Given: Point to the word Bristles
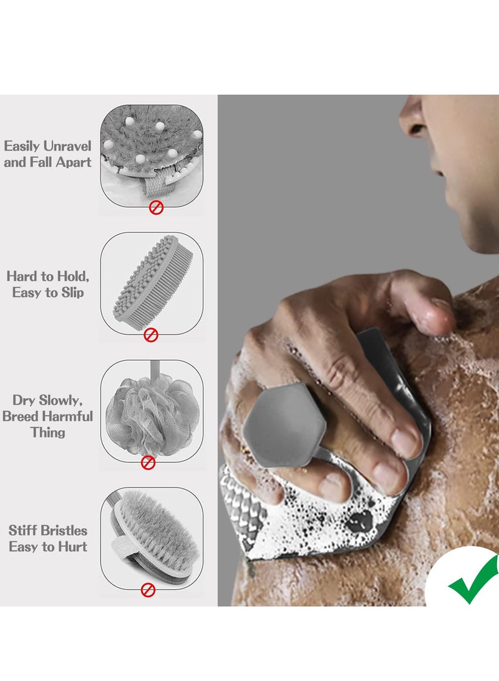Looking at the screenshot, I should pyautogui.click(x=65, y=531).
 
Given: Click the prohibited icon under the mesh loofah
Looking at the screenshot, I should pyautogui.click(x=148, y=462).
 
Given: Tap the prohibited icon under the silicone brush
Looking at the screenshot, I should pyautogui.click(x=151, y=335).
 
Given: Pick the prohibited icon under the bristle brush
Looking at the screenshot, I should pyautogui.click(x=148, y=589).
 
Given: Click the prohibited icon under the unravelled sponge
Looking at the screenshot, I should pyautogui.click(x=156, y=207).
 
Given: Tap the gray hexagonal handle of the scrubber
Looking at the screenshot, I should pyautogui.click(x=284, y=424).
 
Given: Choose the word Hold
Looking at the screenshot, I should pyautogui.click(x=74, y=275).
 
